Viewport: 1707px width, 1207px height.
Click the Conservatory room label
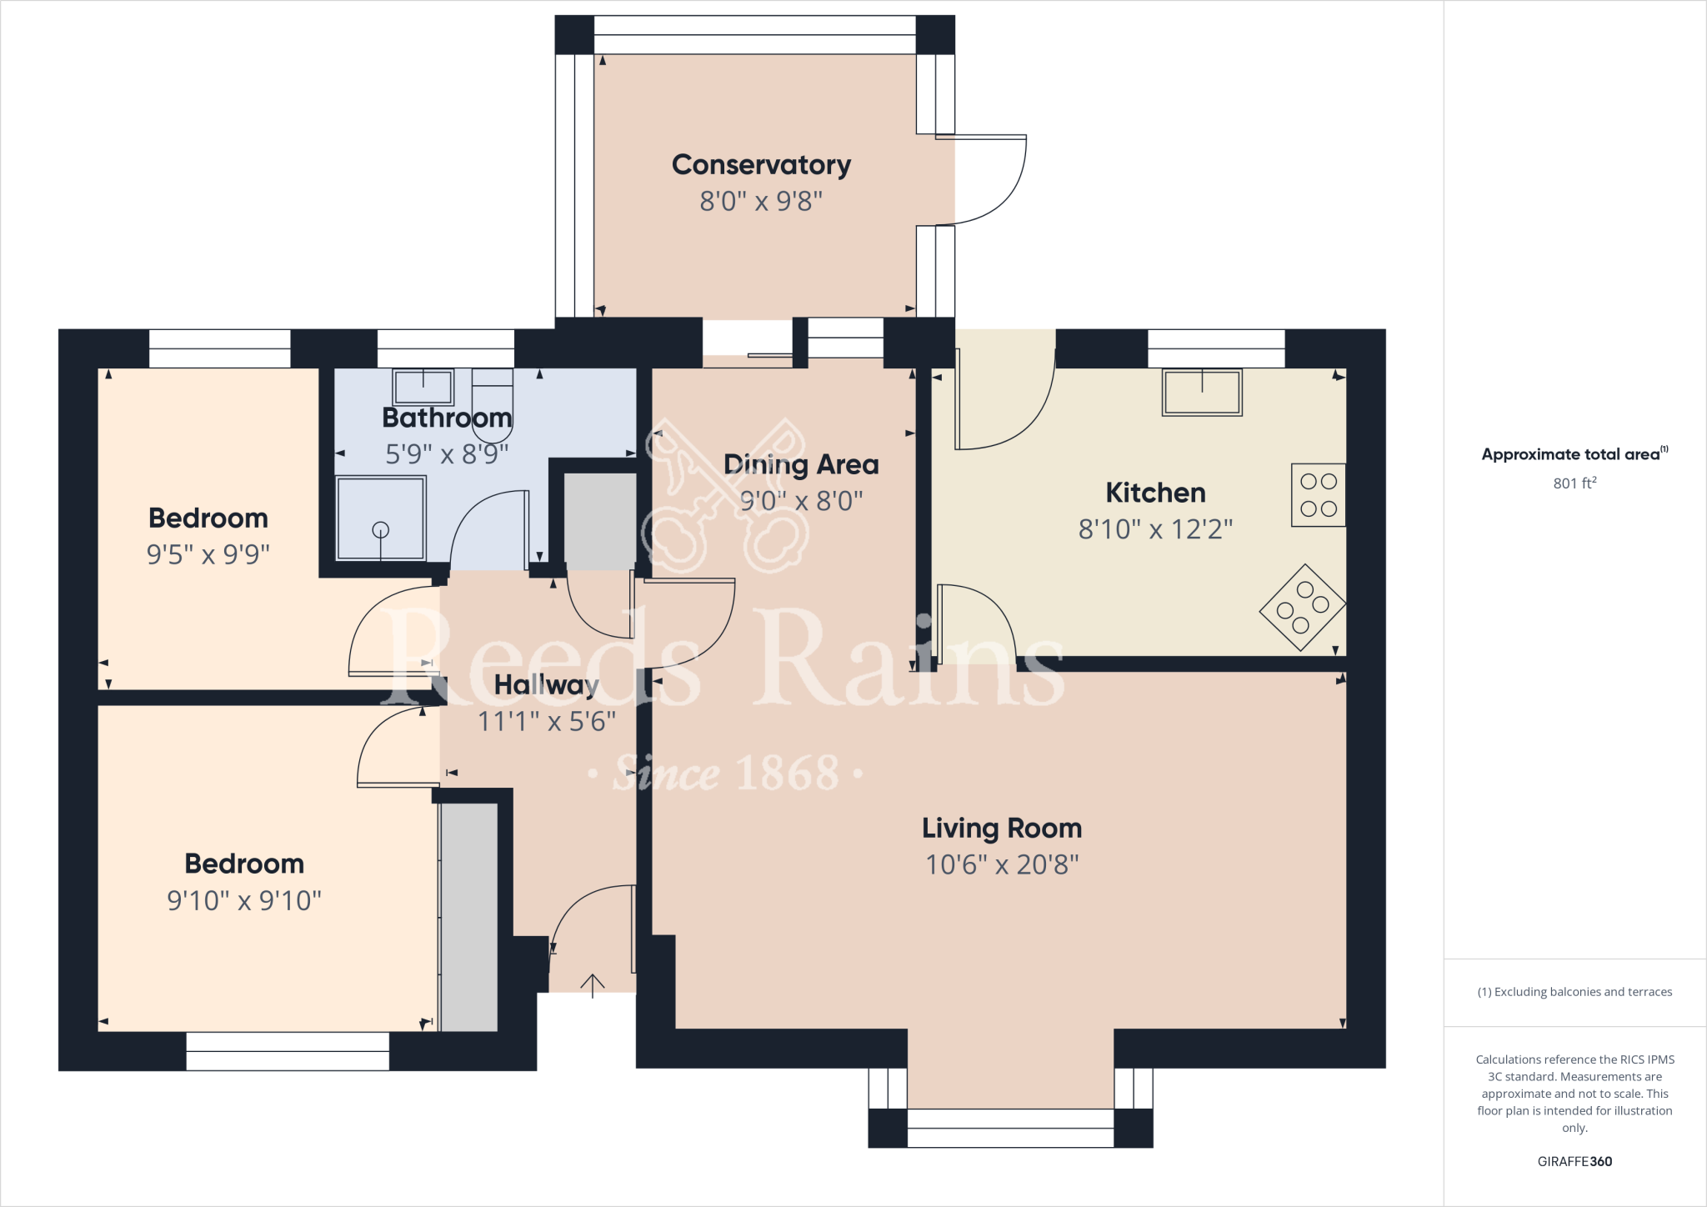(761, 165)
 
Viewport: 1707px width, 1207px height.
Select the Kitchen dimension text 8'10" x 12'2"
(1155, 529)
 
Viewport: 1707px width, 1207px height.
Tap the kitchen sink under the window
(1202, 393)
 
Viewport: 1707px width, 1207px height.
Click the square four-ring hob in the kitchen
(1318, 494)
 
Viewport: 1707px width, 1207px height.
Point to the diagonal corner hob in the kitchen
(1302, 608)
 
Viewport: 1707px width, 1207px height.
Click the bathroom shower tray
(381, 518)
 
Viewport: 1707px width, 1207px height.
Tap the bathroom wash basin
(423, 388)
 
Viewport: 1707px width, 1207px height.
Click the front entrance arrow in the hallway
(593, 985)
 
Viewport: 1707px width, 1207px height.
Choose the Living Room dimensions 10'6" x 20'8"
(1002, 865)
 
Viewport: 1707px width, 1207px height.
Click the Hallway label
(546, 685)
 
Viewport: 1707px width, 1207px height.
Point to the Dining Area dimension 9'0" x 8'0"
(801, 501)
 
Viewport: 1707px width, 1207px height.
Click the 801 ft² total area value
(1574, 483)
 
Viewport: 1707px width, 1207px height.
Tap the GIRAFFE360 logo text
(1574, 1161)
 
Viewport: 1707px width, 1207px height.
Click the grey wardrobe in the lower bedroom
(469, 917)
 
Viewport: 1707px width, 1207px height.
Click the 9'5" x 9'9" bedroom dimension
(208, 554)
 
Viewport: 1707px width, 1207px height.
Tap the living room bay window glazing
(1010, 1128)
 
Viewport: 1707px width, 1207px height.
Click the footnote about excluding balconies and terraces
(1574, 992)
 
